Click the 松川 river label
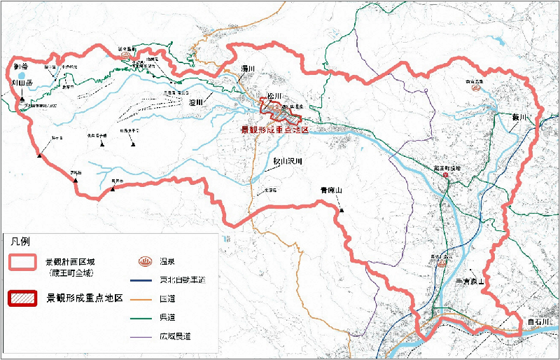coord(274,96)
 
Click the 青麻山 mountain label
coord(330,190)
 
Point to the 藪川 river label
coord(517,117)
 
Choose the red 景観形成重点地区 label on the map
coord(269,130)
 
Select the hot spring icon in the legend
coord(146,262)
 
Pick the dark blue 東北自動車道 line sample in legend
coord(146,280)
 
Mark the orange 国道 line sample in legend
coord(146,299)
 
